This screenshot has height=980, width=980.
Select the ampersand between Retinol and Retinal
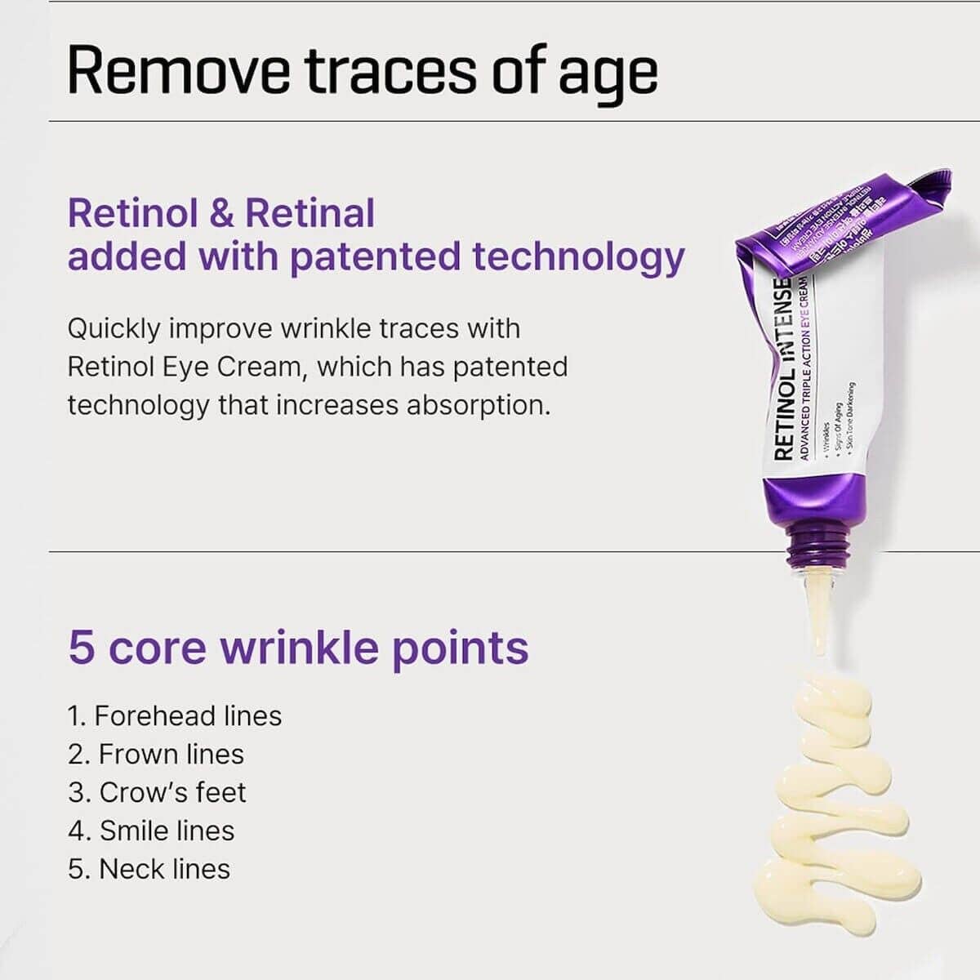pos(221,213)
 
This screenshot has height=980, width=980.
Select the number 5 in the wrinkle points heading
pos(81,648)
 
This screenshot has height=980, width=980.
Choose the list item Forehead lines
pos(175,716)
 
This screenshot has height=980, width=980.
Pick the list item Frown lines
pos(156,755)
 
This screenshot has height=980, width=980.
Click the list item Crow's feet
pos(157,793)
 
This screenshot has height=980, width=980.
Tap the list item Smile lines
pos(152,831)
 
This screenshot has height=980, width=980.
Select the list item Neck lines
pos(149,870)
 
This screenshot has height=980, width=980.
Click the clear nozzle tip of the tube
pos(817,608)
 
